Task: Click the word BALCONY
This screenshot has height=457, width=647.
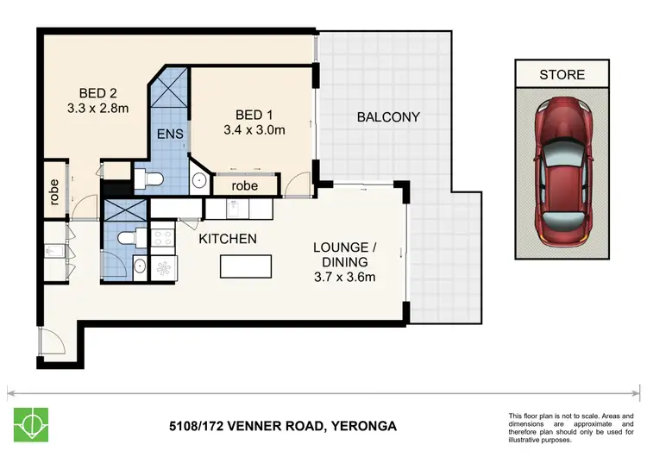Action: click(x=388, y=116)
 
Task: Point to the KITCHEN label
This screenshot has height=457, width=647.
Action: click(x=228, y=237)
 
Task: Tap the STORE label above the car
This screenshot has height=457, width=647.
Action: click(x=562, y=74)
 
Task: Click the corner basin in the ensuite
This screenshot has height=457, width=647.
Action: click(x=197, y=181)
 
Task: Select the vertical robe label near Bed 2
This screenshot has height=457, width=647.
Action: click(x=53, y=190)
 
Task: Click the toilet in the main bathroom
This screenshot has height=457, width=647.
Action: click(x=127, y=237)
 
